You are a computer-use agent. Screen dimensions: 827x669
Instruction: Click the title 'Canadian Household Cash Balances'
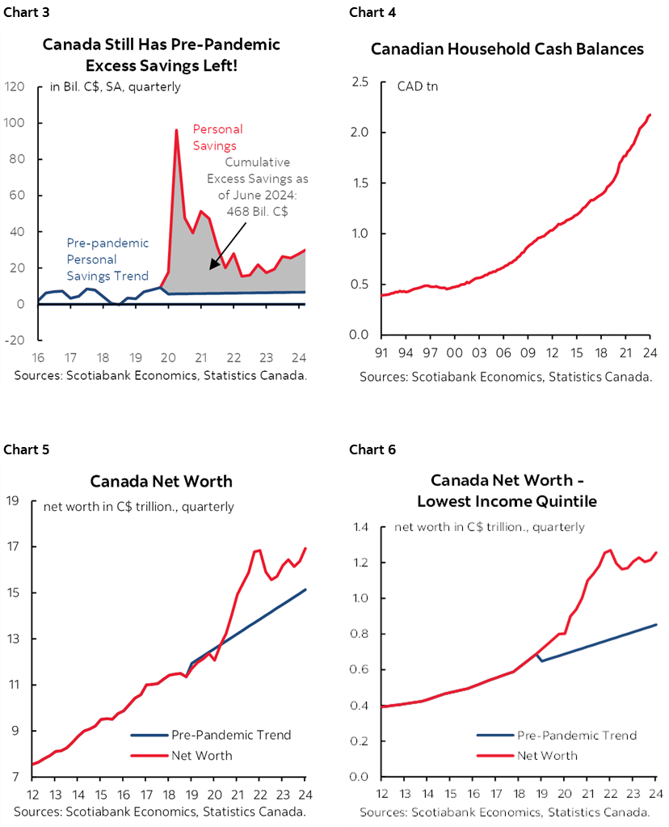click(507, 49)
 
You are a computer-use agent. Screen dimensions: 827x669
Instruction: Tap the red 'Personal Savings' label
click(217, 137)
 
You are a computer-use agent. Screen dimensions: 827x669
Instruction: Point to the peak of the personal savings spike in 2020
click(176, 130)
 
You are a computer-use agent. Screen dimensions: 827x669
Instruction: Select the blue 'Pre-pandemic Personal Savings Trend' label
click(107, 259)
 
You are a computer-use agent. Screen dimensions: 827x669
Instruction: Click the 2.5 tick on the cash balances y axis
click(360, 82)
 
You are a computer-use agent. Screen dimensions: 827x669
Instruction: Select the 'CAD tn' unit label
click(417, 86)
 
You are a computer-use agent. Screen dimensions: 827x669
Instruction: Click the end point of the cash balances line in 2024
click(650, 115)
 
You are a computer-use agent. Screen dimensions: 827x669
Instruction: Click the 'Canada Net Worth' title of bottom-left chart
click(161, 481)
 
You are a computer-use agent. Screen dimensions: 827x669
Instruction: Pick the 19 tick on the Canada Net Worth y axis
click(13, 500)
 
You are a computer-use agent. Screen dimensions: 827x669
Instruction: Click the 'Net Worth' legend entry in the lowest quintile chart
click(547, 755)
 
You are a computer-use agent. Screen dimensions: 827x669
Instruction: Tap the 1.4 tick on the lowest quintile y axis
click(359, 527)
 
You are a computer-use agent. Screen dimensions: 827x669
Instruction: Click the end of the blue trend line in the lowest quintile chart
click(656, 624)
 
